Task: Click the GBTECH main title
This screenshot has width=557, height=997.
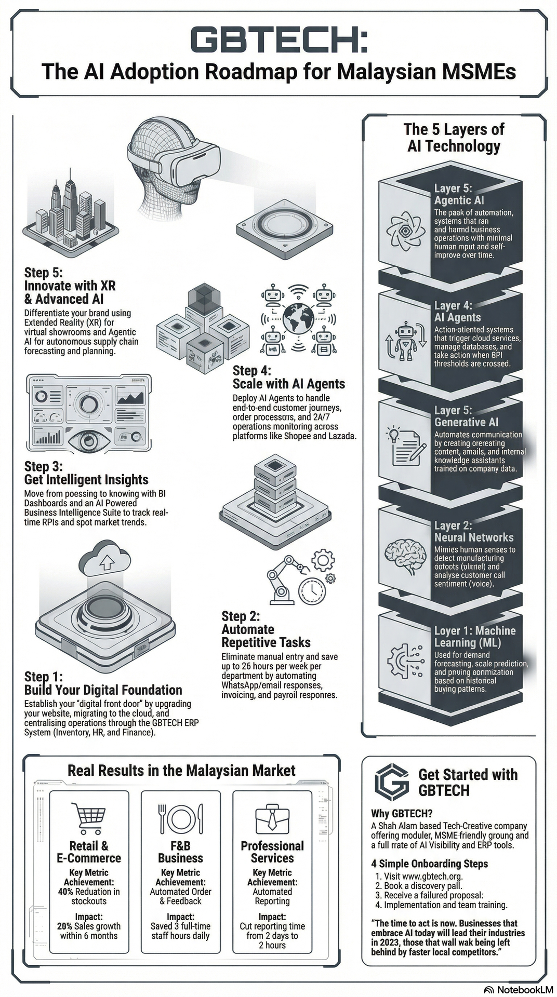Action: (279, 40)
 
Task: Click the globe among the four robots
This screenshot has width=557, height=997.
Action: (298, 318)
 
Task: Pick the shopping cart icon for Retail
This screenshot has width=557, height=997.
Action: (88, 819)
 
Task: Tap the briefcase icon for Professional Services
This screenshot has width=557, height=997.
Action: (272, 819)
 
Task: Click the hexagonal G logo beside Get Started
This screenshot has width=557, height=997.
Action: (392, 783)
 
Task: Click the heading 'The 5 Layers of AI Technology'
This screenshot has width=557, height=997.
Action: (454, 137)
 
